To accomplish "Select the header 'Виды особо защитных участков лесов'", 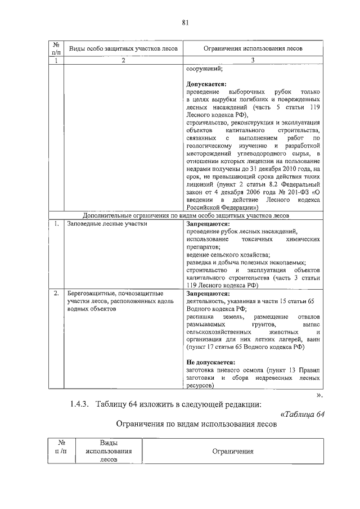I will point(123,49).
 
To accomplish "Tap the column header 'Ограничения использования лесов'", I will point(253,49).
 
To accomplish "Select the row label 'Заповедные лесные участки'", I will point(107,224).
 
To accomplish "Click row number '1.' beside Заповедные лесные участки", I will point(57,224).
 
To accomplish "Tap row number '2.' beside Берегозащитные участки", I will point(57,294).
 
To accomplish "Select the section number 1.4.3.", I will point(83,404).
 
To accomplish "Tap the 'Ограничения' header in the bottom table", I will point(232,451).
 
